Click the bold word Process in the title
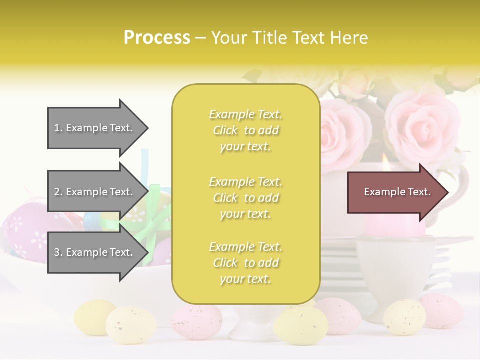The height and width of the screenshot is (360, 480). pos(157,38)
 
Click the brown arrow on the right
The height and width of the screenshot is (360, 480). pos(395,192)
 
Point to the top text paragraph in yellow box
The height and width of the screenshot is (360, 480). pos(245,130)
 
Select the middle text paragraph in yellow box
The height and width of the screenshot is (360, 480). pos(245,198)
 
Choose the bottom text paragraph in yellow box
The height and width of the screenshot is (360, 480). pos(245,263)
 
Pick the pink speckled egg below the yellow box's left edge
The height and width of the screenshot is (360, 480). pos(196,322)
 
